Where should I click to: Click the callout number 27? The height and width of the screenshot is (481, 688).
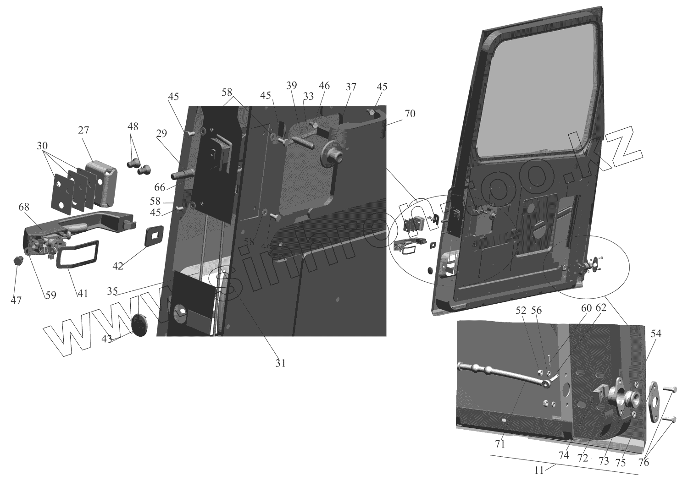coord(83,131)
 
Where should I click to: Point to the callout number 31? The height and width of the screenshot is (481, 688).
coord(280,363)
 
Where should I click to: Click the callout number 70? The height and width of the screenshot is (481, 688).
coord(410,114)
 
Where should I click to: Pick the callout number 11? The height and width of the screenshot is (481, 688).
coord(539,470)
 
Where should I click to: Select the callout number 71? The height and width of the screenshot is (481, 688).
coord(500,443)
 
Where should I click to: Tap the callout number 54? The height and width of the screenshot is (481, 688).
coord(655,334)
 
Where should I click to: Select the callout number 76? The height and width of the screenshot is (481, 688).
coord(644,463)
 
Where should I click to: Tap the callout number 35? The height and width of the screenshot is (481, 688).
coord(113,290)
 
